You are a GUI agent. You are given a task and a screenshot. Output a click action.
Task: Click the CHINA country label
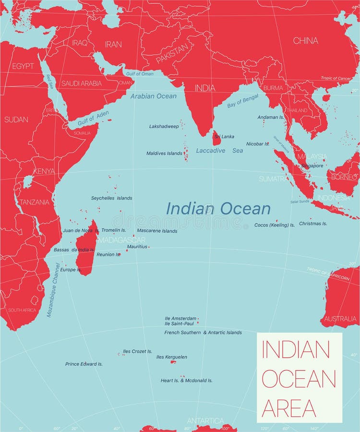(x=305, y=41)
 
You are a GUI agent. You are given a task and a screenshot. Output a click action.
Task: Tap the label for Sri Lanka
(x=224, y=137)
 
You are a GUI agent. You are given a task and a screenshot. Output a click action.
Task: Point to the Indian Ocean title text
(x=218, y=209)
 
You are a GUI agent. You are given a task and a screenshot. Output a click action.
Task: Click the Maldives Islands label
(x=164, y=154)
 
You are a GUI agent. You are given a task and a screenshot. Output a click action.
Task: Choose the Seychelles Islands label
(x=111, y=198)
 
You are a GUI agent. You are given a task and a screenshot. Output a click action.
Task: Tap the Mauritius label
(x=137, y=247)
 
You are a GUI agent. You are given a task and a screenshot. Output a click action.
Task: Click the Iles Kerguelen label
(x=171, y=357)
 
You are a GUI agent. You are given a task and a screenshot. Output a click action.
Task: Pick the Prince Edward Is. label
(x=84, y=364)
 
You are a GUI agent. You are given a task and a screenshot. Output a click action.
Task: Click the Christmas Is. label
(x=313, y=224)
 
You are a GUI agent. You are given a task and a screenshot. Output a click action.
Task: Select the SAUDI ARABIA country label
(x=81, y=83)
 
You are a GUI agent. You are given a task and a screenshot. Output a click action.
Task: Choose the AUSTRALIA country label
(x=340, y=319)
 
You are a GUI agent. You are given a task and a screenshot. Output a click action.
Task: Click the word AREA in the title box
(x=289, y=408)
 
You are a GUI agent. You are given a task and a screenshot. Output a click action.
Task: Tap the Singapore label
(x=312, y=166)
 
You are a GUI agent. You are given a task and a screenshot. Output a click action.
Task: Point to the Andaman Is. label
(x=271, y=117)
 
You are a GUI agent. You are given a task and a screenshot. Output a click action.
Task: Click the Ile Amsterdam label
(x=180, y=318)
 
